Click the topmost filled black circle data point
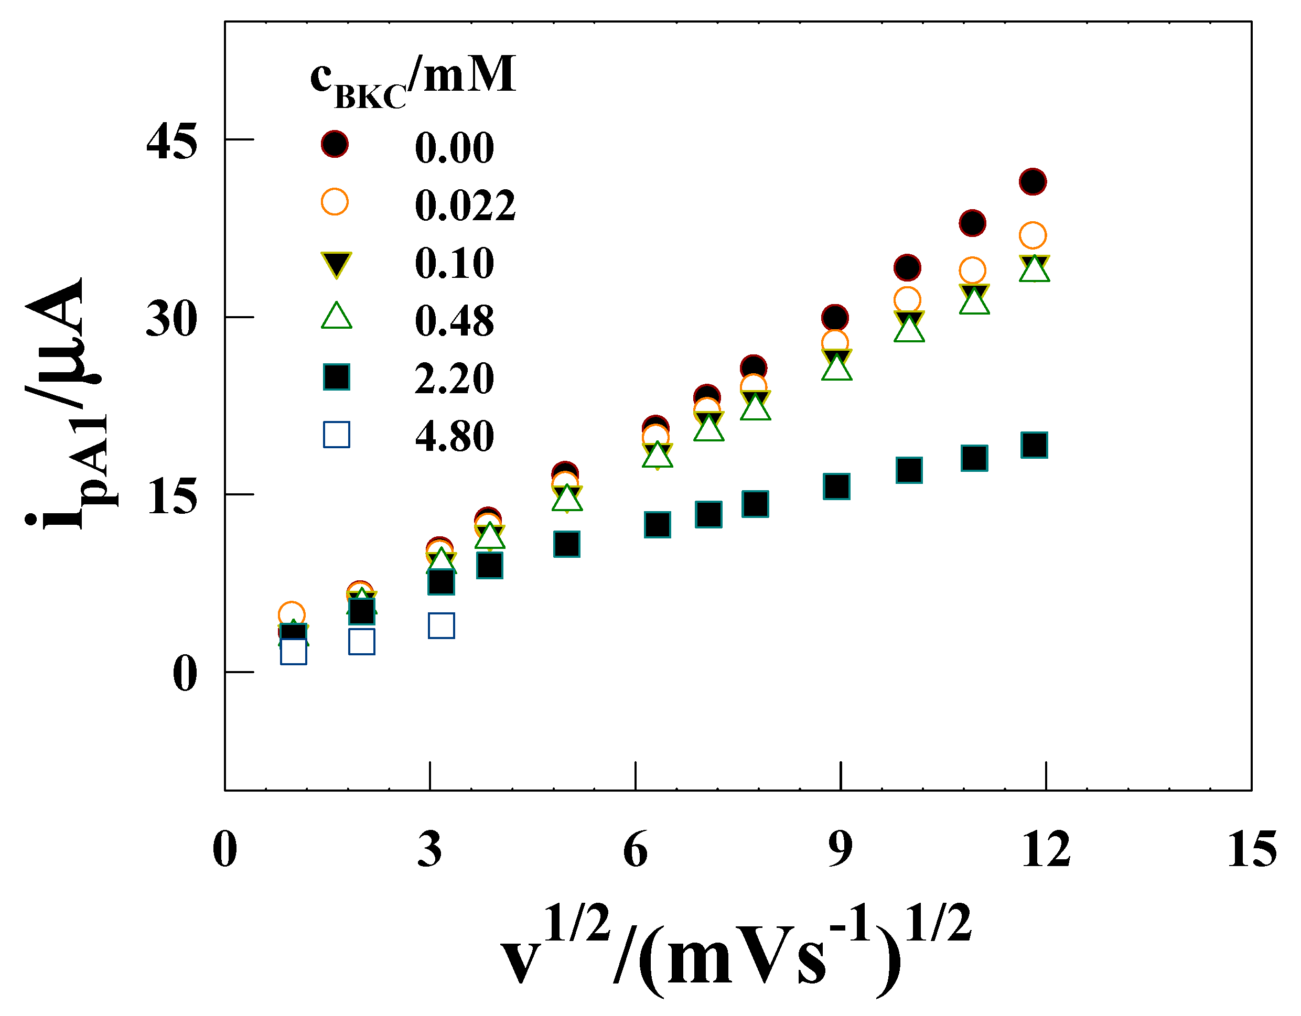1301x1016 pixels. [x=1033, y=181]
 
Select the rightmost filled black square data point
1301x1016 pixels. [x=1034, y=445]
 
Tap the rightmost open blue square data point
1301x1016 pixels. [x=442, y=625]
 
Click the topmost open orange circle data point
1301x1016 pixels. [x=1033, y=235]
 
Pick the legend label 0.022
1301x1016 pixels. [x=465, y=206]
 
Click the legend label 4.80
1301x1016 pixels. [x=455, y=436]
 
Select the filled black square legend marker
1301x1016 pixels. [x=337, y=377]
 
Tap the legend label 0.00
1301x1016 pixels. [x=455, y=147]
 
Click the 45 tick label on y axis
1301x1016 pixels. [x=171, y=142]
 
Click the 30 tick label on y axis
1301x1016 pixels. [x=171, y=319]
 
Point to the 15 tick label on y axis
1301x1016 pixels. [x=171, y=496]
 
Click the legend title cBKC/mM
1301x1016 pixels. [x=412, y=80]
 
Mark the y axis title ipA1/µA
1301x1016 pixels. [x=66, y=405]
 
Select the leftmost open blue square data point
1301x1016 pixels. [x=293, y=652]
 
